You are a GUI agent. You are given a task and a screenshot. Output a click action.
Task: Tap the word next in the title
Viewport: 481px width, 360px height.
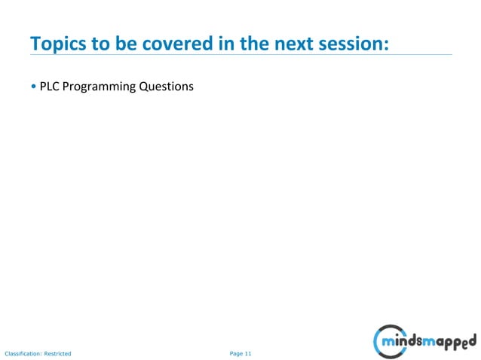296,43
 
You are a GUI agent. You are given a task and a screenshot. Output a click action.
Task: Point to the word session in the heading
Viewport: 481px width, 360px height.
358,43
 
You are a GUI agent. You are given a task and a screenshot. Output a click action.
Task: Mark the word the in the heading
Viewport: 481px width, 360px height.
255,43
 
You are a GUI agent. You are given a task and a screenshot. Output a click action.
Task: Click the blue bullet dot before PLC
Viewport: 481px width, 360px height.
33,87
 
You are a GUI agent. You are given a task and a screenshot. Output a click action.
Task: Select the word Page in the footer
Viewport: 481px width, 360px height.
236,352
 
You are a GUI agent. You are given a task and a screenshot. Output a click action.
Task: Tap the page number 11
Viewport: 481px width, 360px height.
248,352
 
